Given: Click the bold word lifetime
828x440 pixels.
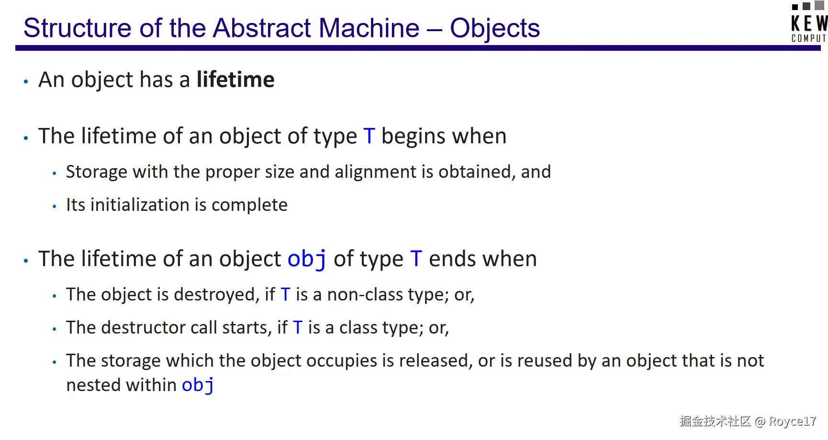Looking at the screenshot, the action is (x=235, y=80).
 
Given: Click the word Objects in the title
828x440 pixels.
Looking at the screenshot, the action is (x=495, y=28).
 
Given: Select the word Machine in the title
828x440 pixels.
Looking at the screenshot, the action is (x=369, y=28).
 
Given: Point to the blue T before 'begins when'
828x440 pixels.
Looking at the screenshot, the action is (x=369, y=136).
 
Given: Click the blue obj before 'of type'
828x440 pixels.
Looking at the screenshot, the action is (x=307, y=259).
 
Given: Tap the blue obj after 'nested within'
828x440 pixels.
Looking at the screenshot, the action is (x=198, y=385).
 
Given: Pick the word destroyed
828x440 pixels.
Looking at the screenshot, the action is (x=216, y=295).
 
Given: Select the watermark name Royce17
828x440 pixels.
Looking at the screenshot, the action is (x=792, y=421).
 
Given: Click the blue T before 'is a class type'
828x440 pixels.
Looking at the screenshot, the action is (x=298, y=328).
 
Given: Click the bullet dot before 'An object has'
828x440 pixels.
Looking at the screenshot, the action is (x=26, y=82).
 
